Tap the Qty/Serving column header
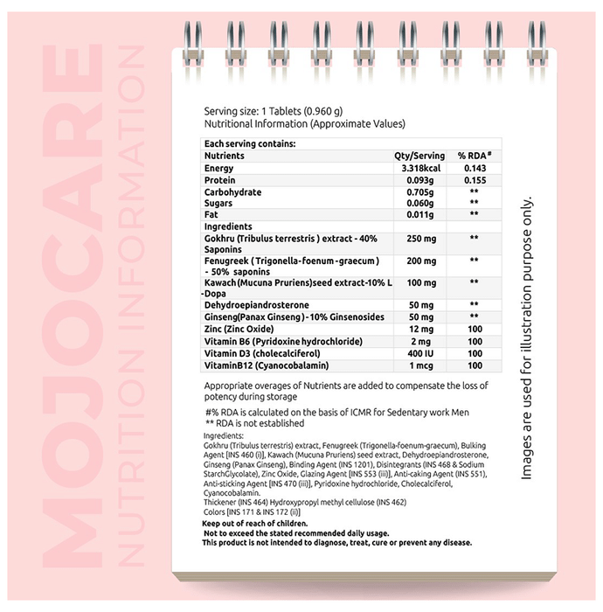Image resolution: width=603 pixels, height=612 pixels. coord(419,156)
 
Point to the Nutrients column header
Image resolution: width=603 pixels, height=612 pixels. coord(225,156)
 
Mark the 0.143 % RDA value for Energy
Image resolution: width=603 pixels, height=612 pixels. coord(475,168)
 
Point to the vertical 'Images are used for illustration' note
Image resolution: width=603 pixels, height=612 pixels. coord(527,337)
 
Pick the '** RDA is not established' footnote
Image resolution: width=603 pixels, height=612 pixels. coord(254,423)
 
